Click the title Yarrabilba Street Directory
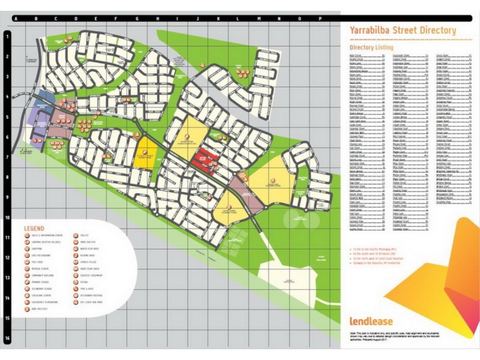point(402,31)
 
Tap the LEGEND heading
point(34,229)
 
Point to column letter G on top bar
point(136,19)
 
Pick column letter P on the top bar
point(320,19)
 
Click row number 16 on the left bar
point(7,338)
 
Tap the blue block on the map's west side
point(46,97)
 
